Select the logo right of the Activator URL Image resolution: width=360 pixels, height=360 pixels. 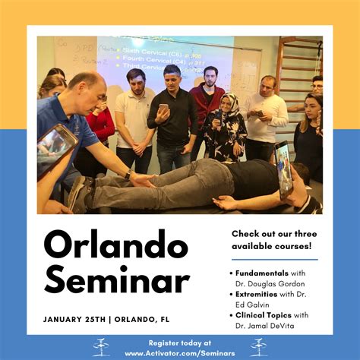click(258, 347)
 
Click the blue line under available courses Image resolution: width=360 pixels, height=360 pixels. click(273, 259)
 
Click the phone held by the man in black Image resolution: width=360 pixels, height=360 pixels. click(164, 109)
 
